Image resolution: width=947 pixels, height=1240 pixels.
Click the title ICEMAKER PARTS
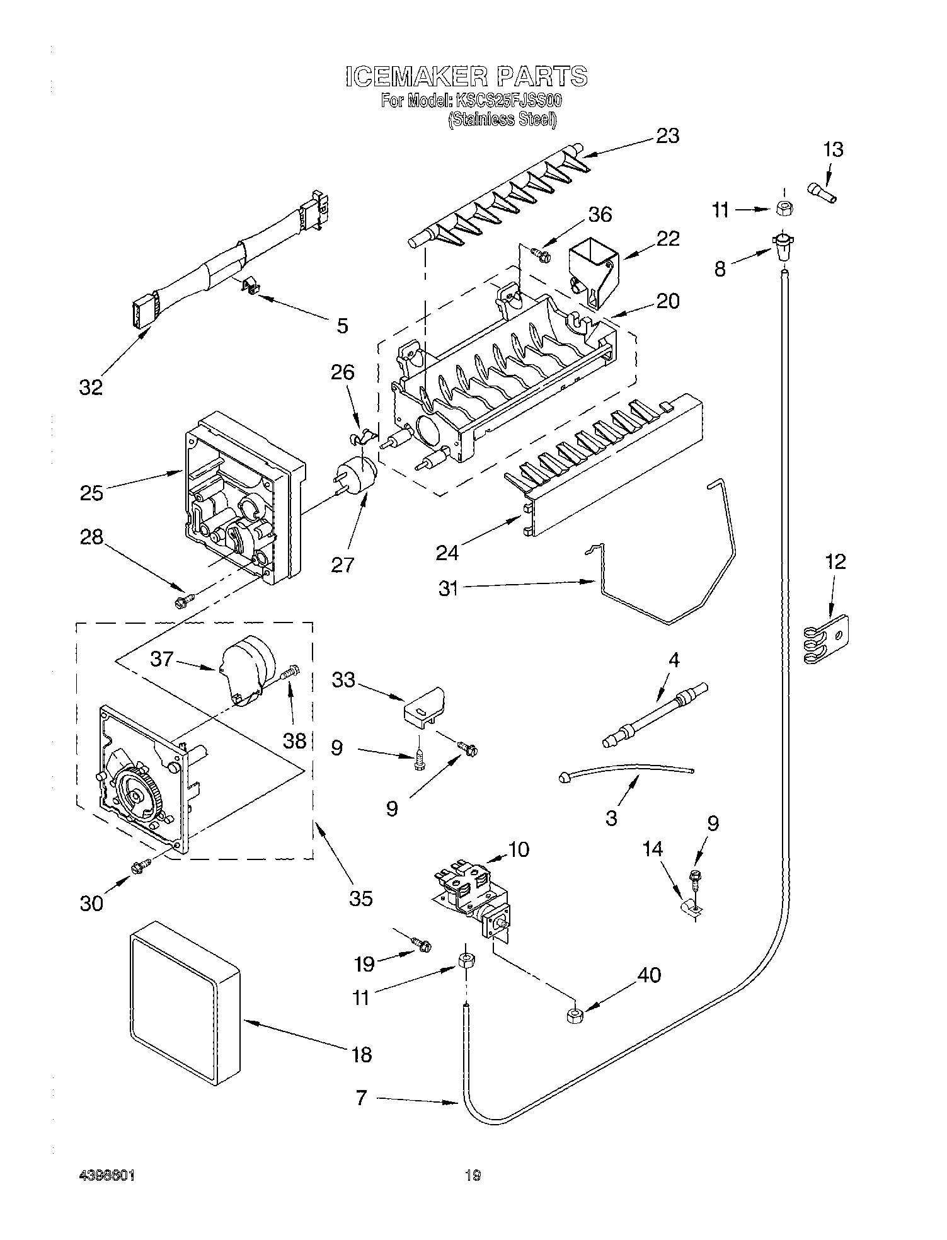coord(466,76)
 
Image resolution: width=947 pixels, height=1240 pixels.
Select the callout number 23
coord(667,135)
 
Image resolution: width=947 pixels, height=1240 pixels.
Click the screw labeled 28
coord(182,601)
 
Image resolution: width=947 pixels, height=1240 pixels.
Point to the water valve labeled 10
coord(475,895)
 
